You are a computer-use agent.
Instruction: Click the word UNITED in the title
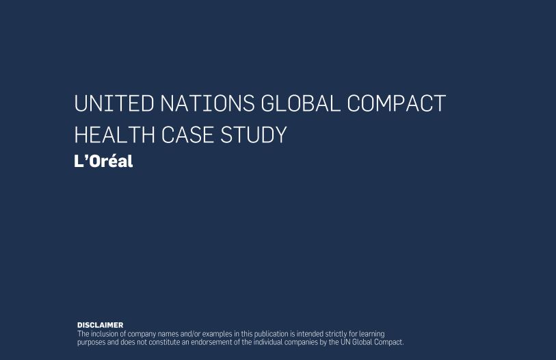(x=114, y=103)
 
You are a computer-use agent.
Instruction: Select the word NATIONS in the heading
(x=207, y=103)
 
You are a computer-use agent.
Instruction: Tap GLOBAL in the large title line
(x=301, y=103)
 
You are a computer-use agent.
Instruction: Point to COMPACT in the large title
(x=397, y=103)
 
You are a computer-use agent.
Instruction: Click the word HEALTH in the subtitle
(x=114, y=135)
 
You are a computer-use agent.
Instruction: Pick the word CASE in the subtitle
(x=187, y=135)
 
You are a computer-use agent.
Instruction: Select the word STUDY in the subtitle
(x=254, y=135)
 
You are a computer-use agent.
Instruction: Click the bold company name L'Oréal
(x=103, y=161)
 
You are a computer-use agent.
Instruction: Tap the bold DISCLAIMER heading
(x=101, y=325)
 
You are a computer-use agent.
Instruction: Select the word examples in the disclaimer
(x=217, y=334)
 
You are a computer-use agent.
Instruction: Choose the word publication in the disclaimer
(x=272, y=334)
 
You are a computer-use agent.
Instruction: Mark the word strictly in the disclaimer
(x=336, y=334)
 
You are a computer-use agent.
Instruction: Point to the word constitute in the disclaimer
(x=164, y=342)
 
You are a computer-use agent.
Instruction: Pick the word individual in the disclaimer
(x=267, y=342)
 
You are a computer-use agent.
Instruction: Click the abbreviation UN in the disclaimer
(x=345, y=342)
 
